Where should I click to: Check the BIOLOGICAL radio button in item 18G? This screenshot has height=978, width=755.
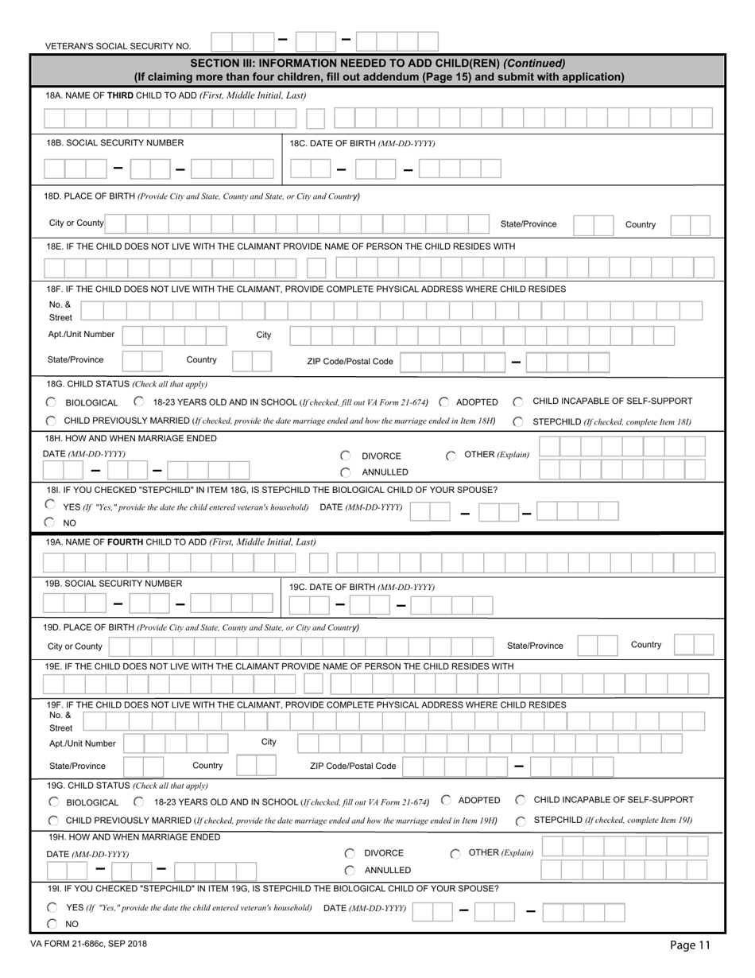[x=51, y=402]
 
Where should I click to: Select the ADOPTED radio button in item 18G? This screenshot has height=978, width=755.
[x=443, y=402]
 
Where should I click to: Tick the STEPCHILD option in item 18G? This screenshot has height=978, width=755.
[x=517, y=421]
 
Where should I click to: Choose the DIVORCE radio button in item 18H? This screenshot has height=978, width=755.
[x=346, y=456]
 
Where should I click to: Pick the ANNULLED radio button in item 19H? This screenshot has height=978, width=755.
[x=349, y=871]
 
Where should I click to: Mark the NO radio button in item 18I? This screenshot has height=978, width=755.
[x=50, y=522]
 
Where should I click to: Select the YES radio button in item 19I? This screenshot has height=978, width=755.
[x=52, y=907]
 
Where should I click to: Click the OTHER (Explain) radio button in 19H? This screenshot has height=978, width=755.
[x=455, y=854]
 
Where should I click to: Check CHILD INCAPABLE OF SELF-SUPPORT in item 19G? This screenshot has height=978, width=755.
[x=520, y=800]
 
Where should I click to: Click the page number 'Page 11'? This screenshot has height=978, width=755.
[x=690, y=945]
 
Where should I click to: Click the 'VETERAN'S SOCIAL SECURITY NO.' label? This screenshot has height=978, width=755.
[x=118, y=47]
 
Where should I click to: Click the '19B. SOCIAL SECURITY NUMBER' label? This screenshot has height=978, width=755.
[x=114, y=584]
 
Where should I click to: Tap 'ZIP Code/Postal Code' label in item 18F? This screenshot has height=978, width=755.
[x=350, y=361]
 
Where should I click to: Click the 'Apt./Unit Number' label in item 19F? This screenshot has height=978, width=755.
[x=83, y=743]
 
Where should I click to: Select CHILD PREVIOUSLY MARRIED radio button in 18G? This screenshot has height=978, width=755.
[x=51, y=421]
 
